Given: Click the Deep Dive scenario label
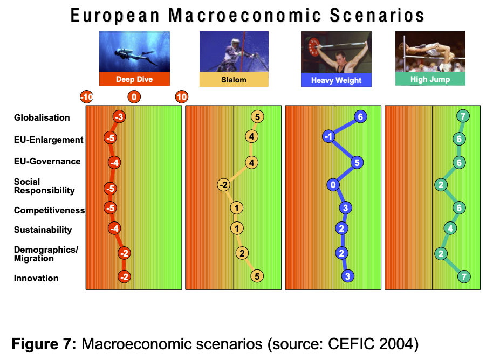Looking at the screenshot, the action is click(x=134, y=79).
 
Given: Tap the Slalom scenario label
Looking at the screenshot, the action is click(x=234, y=80).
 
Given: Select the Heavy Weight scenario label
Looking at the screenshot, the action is click(x=336, y=80).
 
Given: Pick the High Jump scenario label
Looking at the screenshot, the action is click(x=430, y=79).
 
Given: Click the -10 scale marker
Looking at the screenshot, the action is click(x=86, y=97).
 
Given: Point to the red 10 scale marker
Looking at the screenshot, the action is click(x=181, y=97).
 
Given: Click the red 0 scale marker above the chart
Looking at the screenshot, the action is click(x=134, y=97).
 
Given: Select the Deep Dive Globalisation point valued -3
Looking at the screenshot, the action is click(x=119, y=117).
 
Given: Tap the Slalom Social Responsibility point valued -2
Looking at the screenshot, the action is click(x=224, y=185).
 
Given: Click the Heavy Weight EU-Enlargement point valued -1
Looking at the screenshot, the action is click(x=328, y=137).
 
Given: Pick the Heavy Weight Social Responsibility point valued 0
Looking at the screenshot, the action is click(x=333, y=185).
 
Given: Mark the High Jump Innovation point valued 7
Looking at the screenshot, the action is click(x=464, y=276).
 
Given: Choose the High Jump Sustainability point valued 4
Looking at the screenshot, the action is click(x=450, y=228).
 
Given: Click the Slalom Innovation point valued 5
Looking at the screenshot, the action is click(x=257, y=276).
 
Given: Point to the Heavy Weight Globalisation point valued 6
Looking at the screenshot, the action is click(x=360, y=117).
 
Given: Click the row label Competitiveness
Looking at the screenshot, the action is click(x=50, y=210).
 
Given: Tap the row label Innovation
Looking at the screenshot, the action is click(x=36, y=278).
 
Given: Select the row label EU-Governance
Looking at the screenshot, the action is click(x=47, y=161).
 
